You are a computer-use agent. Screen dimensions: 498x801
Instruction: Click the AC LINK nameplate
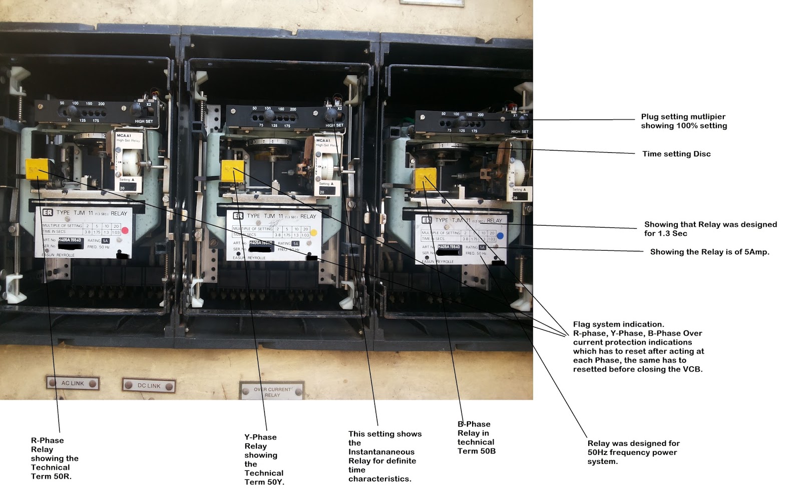coord(73,383)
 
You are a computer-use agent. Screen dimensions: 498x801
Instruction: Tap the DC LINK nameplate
coord(149,385)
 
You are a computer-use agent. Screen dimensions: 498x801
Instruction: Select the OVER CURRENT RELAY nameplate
coord(272,392)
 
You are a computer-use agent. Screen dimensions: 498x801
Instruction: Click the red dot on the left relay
coord(125,231)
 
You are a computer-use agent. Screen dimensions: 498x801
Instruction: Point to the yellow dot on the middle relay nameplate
coord(314,232)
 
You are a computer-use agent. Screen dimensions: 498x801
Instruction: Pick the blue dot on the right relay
coord(500,236)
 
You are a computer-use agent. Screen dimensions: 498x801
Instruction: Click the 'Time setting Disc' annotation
coord(676,154)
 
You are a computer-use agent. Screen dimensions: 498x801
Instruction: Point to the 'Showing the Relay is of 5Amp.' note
coord(709,252)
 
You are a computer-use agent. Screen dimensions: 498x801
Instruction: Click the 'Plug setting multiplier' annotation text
coord(684,121)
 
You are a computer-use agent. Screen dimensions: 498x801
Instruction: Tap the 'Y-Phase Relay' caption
coord(264,459)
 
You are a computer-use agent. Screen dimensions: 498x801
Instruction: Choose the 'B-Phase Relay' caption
coord(476,437)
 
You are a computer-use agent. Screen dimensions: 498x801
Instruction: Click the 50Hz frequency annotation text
coord(633,452)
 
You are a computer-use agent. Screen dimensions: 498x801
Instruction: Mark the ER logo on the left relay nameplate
coord(48,213)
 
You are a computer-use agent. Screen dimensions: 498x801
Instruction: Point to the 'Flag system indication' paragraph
coord(638,346)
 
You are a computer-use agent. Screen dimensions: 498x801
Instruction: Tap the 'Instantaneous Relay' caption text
coord(384,456)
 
